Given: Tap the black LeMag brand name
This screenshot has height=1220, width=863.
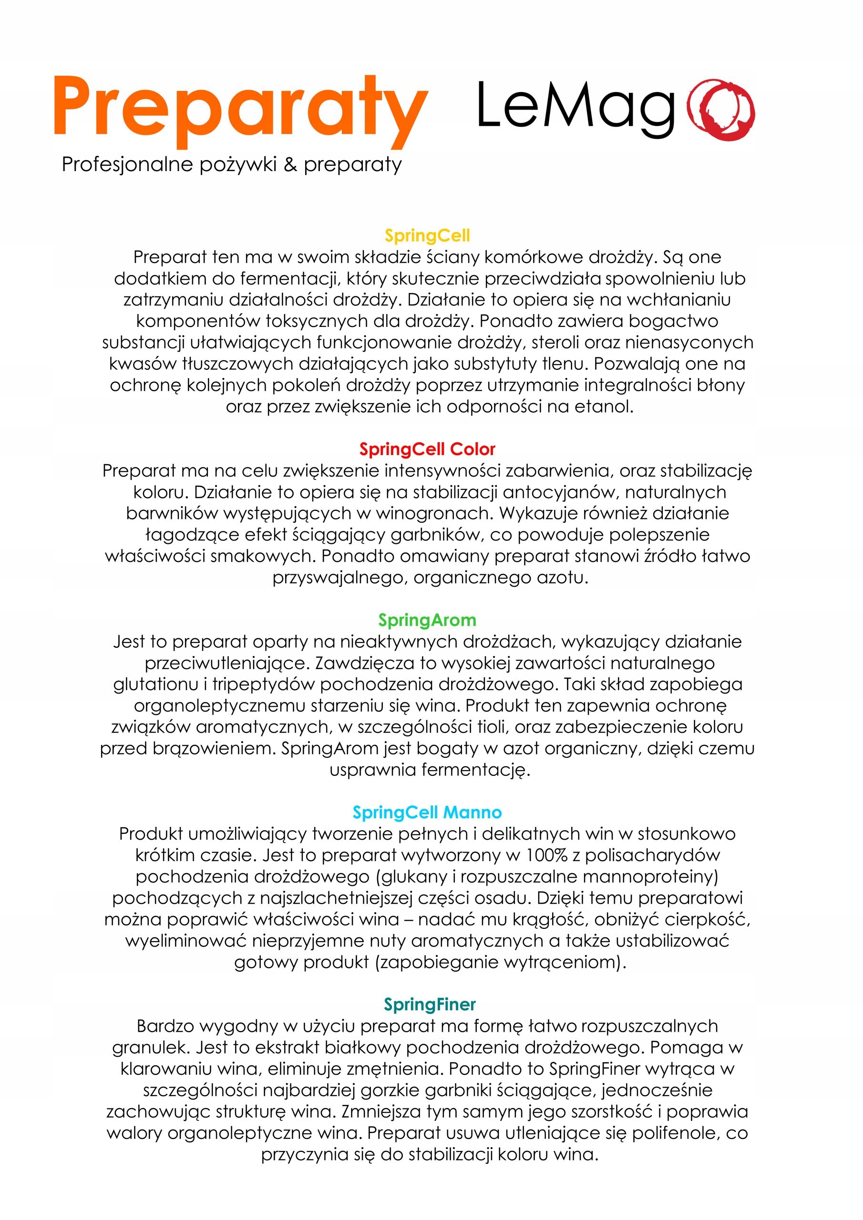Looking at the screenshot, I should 575,106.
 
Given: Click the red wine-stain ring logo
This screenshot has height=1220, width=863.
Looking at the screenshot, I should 720,110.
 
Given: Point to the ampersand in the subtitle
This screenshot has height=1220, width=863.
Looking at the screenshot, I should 290,164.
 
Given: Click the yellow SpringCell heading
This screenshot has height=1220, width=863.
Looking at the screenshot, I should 427,235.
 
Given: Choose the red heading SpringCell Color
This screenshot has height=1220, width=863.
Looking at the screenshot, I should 427,449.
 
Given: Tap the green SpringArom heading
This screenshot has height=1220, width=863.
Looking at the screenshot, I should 427,620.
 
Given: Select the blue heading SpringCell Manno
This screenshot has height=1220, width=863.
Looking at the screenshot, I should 427,812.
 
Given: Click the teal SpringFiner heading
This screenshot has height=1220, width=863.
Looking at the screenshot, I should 429,1004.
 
